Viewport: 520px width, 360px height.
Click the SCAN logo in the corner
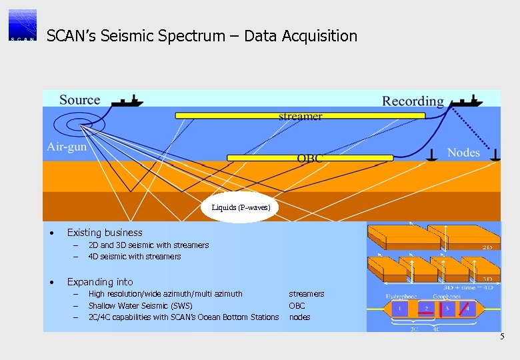pyautogui.click(x=23, y=25)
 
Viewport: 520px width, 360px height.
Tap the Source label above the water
pyautogui.click(x=79, y=100)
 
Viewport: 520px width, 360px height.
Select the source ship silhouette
pyautogui.click(x=126, y=101)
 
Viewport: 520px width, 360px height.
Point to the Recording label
pyautogui.click(x=413, y=101)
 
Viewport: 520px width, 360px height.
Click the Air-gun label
pyautogui.click(x=67, y=147)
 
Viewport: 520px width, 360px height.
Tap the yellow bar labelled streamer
pyautogui.click(x=300, y=115)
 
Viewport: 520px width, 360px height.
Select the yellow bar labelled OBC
pyautogui.click(x=310, y=158)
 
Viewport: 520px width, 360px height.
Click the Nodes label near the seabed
pyautogui.click(x=463, y=153)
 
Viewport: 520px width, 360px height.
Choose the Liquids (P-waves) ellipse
pyautogui.click(x=241, y=207)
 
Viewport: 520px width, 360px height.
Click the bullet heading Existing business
pyautogui.click(x=105, y=233)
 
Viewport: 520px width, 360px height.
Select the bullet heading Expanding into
pyautogui.click(x=100, y=282)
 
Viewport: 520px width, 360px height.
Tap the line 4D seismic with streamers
pyautogui.click(x=135, y=257)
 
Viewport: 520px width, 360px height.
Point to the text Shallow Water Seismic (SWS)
pyautogui.click(x=140, y=305)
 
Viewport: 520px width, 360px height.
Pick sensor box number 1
pyautogui.click(x=399, y=309)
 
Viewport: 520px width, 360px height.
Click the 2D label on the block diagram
pyautogui.click(x=488, y=247)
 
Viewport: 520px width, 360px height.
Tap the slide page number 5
pyautogui.click(x=503, y=337)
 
